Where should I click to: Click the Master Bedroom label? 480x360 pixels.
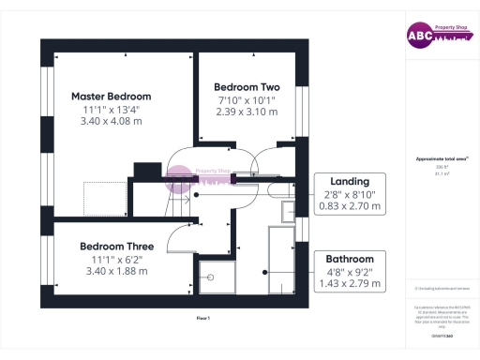coord(111,97)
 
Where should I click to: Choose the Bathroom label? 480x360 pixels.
coord(350,259)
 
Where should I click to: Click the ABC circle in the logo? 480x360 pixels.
coord(417,36)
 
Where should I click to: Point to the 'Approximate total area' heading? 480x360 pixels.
coord(441,159)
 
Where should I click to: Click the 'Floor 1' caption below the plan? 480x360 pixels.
coord(202,319)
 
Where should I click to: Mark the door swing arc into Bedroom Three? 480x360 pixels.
coord(180,239)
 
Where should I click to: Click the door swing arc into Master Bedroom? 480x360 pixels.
coord(181,161)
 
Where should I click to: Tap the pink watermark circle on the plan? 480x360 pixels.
coord(179,175)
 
